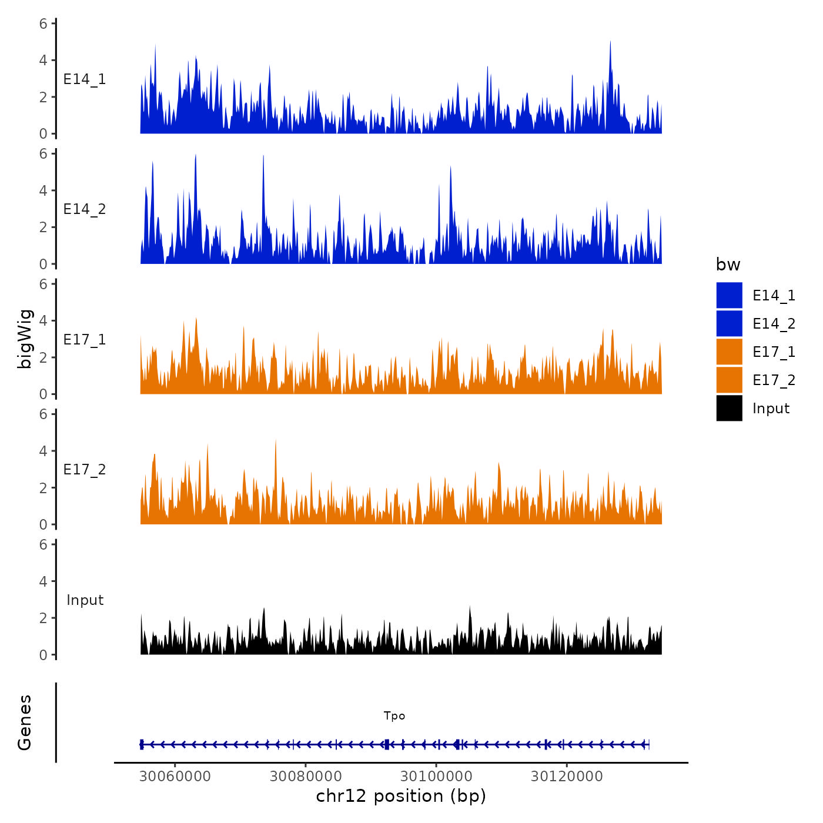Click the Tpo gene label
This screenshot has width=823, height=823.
394,716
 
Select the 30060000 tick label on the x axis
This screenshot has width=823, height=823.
175,777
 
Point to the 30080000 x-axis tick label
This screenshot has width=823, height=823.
306,777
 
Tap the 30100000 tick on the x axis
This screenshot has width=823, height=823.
436,777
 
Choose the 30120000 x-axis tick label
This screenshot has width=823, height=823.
567,777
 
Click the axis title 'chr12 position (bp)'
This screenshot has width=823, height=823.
401,796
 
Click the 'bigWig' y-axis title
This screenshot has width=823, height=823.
25,339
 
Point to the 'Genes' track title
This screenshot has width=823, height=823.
25,722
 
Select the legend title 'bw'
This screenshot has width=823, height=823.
728,265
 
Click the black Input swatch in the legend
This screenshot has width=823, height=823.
729,408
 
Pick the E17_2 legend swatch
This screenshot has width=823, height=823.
729,380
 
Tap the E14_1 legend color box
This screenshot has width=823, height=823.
729,295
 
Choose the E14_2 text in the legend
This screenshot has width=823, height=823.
774,323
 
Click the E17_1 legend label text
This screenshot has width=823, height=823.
774,352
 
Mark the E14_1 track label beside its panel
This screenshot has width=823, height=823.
85,79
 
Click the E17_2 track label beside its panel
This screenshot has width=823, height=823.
85,469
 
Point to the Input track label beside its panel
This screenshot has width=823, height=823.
85,600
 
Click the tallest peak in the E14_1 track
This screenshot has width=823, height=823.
610,42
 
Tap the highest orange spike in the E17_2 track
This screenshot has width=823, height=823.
276,441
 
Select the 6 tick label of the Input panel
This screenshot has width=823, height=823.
43,544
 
